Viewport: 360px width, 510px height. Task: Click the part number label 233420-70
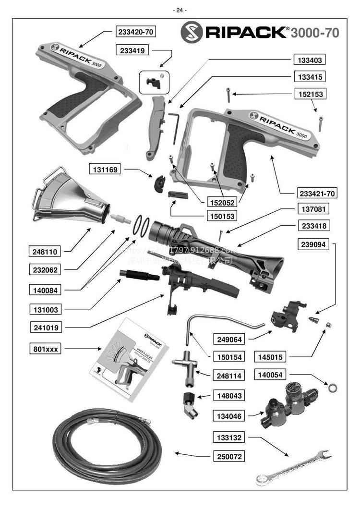[136, 32]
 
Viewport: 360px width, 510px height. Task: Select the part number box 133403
[308, 61]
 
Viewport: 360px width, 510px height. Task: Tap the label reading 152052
[222, 202]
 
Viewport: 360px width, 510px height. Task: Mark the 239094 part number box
[314, 244]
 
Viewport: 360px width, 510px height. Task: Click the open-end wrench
[292, 466]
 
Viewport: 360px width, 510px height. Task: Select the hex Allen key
[174, 127]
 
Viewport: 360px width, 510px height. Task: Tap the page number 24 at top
[180, 10]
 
